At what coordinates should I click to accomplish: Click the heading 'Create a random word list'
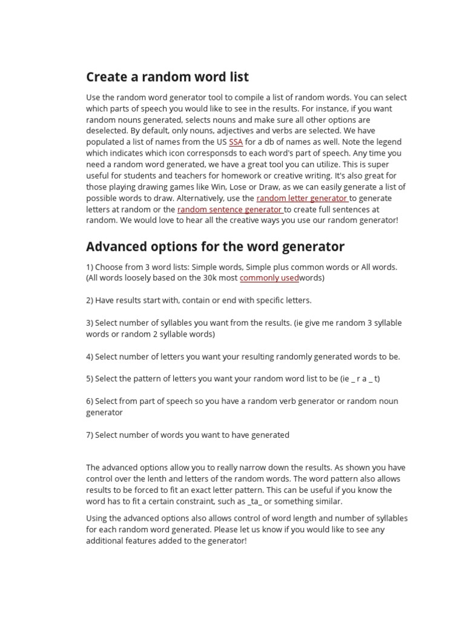[x=167, y=77]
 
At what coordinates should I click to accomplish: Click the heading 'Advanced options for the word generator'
[x=215, y=246]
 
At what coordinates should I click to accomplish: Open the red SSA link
[x=236, y=142]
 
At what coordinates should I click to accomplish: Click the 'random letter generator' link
[x=302, y=198]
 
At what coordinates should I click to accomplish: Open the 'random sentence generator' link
[x=229, y=209]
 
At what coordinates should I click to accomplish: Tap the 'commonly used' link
[x=269, y=278]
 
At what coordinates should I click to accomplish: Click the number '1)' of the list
[x=90, y=266]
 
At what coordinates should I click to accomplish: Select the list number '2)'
[x=90, y=300]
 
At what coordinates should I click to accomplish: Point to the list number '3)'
[x=90, y=323]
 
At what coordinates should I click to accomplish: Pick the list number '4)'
[x=90, y=357]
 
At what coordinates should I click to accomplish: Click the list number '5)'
[x=90, y=378]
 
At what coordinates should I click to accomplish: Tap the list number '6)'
[x=90, y=401]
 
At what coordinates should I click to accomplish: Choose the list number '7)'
[x=90, y=435]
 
